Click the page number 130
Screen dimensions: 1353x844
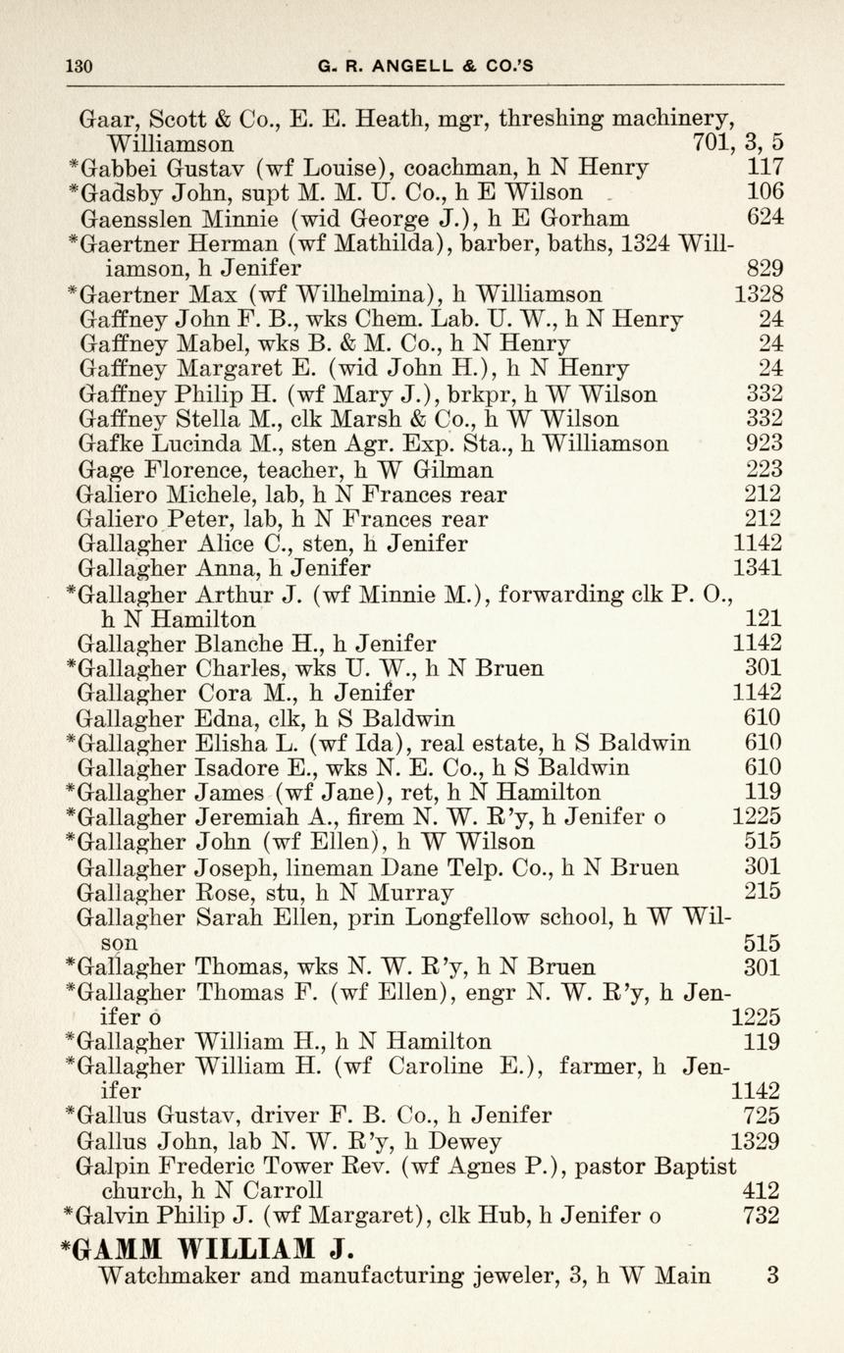78,66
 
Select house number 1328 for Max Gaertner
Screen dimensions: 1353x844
759,293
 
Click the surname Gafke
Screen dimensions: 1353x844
111,443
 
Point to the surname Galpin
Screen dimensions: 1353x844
110,1166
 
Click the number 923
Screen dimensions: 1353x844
764,443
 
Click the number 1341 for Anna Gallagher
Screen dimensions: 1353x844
758,568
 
